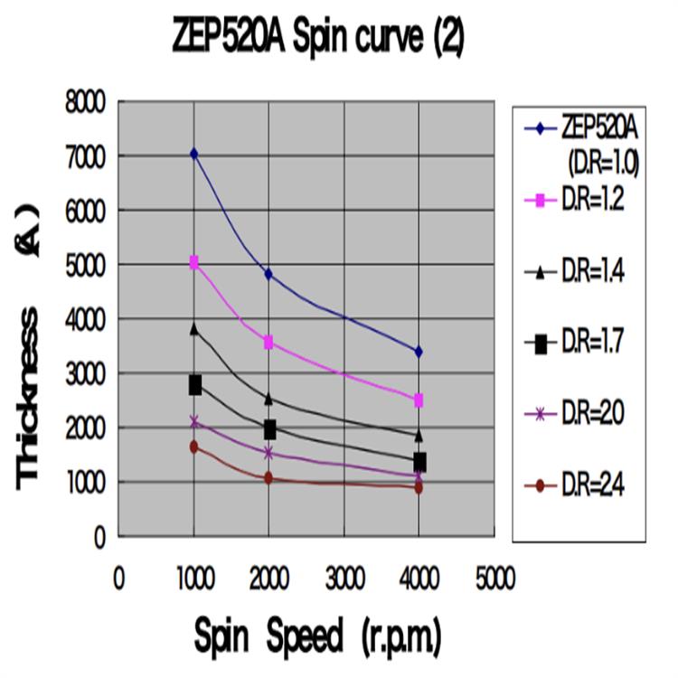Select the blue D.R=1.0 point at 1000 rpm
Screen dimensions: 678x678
click(x=193, y=155)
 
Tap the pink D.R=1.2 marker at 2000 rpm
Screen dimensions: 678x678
click(x=268, y=342)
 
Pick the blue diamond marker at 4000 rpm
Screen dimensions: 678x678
click(x=419, y=351)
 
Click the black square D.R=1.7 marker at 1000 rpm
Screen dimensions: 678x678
click(x=194, y=385)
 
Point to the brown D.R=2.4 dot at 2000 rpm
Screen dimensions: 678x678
click(x=268, y=478)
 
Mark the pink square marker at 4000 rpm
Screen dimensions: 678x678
click(x=419, y=400)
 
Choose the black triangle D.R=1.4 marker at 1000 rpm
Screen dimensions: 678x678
click(x=193, y=329)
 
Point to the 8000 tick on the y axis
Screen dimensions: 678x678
click(x=88, y=101)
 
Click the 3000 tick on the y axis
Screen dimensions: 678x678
click(x=88, y=373)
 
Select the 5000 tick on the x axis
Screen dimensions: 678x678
click(x=494, y=577)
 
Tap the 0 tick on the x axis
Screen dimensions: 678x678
click(x=118, y=577)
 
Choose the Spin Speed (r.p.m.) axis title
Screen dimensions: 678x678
click(x=316, y=638)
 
